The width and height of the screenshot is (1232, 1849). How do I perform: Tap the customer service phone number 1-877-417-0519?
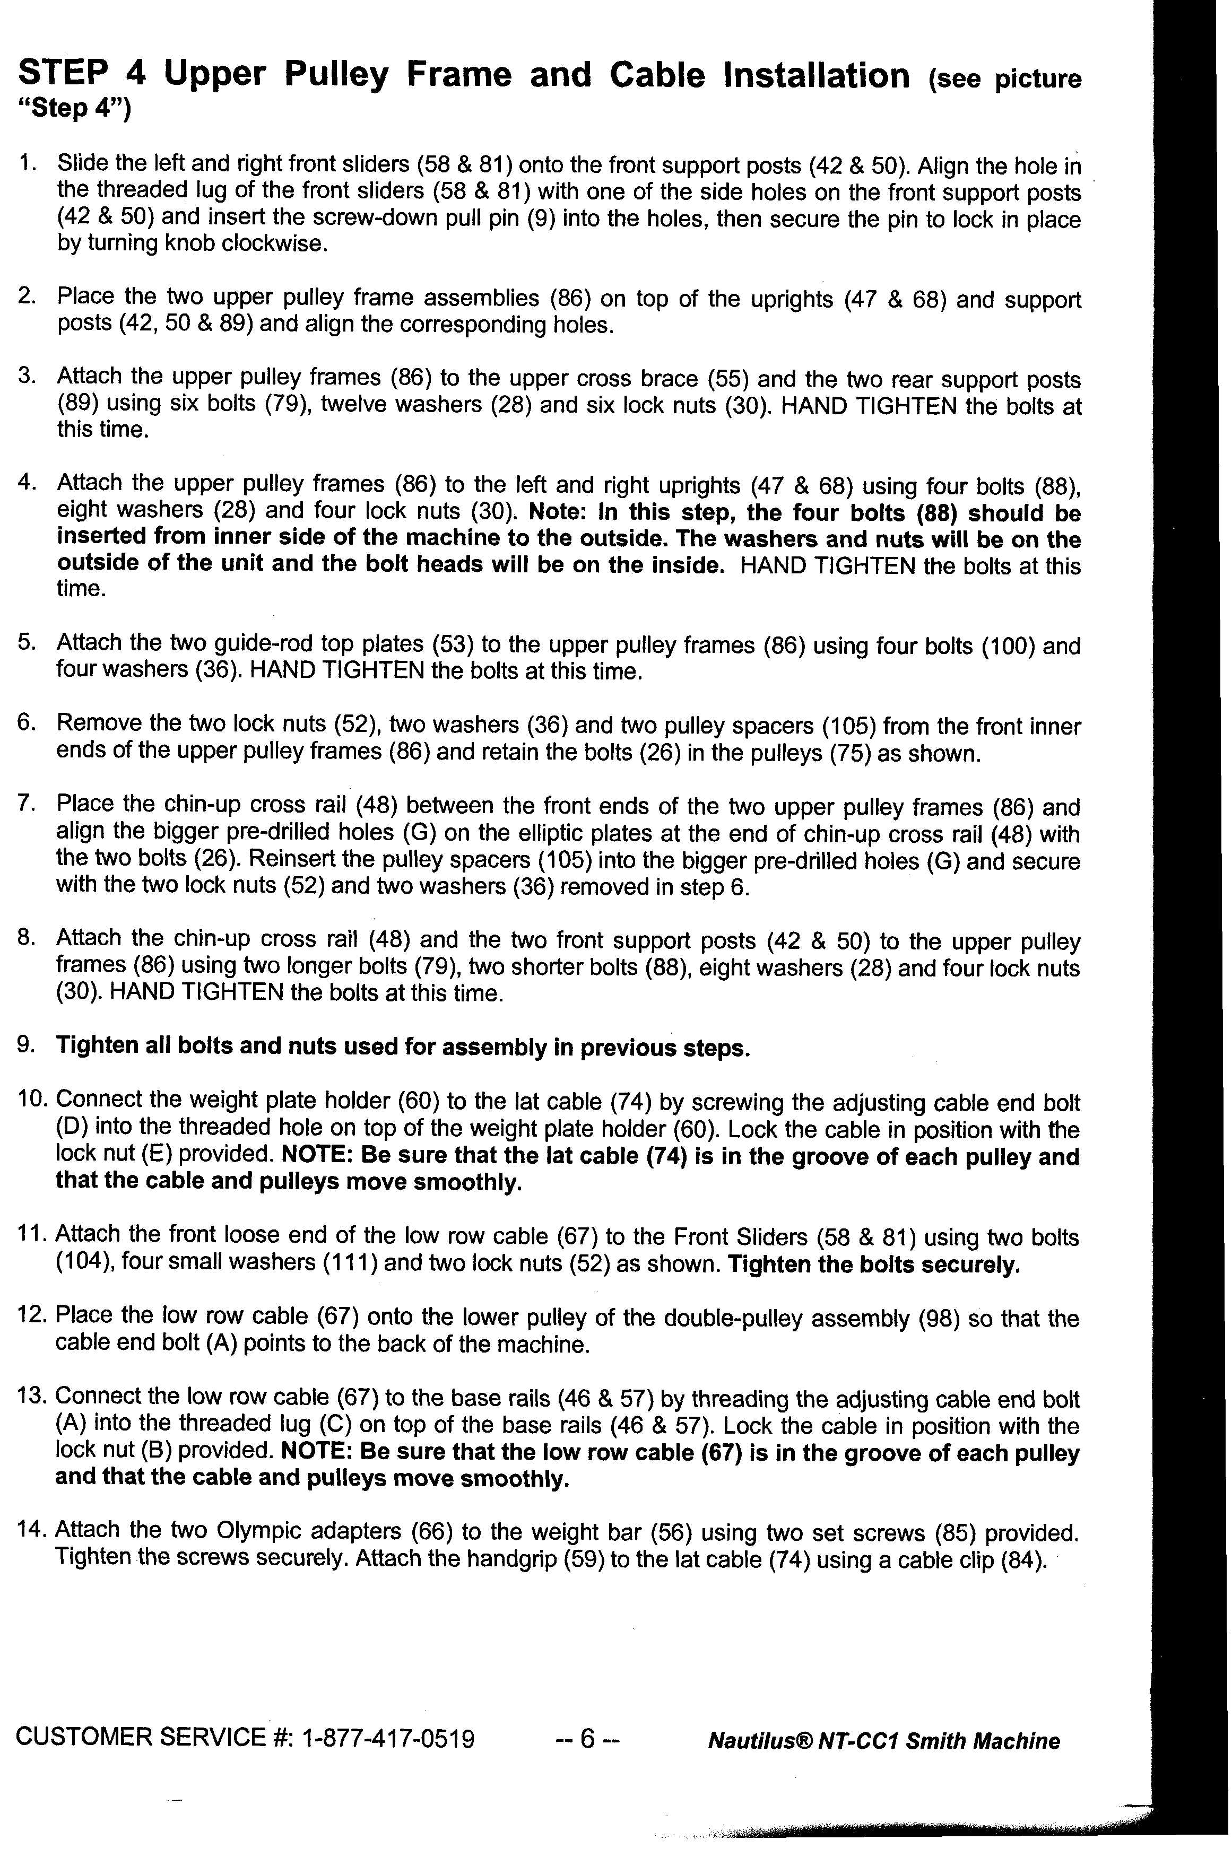(x=388, y=1738)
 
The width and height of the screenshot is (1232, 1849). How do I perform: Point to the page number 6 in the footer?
(x=588, y=1738)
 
